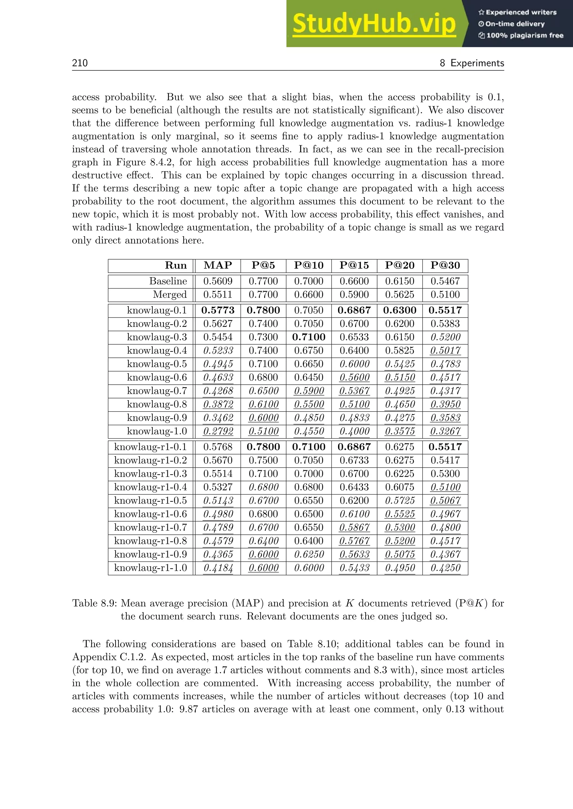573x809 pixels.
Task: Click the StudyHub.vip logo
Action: (x=374, y=24)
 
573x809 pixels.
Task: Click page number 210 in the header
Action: (x=80, y=63)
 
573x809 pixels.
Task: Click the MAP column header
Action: (x=218, y=265)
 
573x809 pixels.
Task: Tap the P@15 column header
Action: (x=354, y=265)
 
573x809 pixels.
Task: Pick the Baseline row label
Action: (x=168, y=281)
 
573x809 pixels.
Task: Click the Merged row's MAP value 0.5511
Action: (x=218, y=294)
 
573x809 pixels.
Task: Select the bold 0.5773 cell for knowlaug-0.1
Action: (x=218, y=310)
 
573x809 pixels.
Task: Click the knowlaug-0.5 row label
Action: (x=157, y=364)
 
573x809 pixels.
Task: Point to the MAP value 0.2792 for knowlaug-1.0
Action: (x=218, y=431)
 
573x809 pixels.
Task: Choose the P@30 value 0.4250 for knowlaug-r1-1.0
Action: (x=445, y=568)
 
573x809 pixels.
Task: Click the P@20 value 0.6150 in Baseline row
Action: (x=400, y=281)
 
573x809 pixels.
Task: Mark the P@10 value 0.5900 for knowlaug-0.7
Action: (x=309, y=391)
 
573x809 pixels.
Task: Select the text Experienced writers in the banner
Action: (x=521, y=12)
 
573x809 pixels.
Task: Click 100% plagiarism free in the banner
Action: (x=524, y=35)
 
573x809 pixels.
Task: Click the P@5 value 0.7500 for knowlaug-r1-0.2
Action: (x=263, y=460)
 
